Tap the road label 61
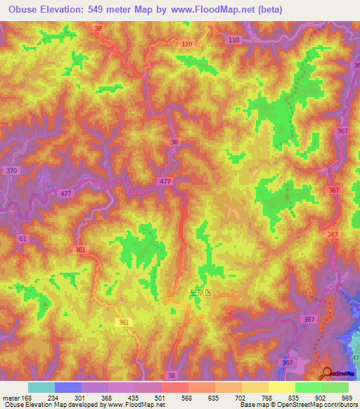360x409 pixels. point(23,239)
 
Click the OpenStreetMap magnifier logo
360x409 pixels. point(328,373)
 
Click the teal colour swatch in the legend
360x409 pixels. point(41,387)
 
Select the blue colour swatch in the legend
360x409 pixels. point(68,387)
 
